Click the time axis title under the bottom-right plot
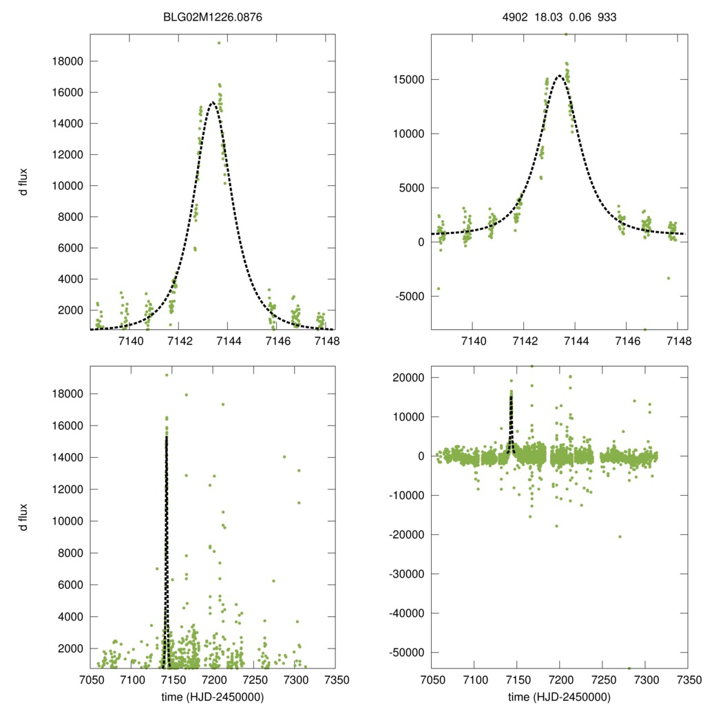[559, 696]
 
